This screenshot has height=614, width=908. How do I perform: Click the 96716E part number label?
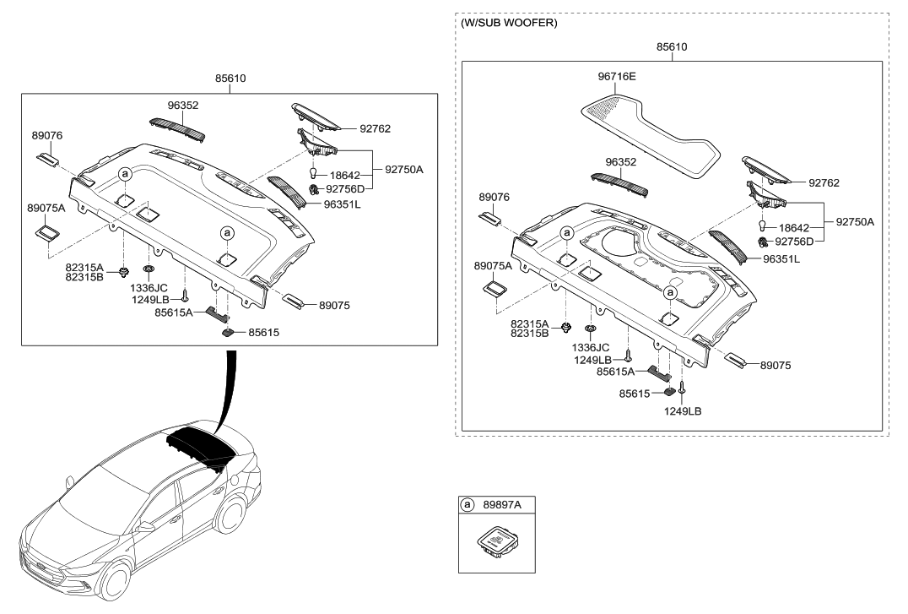coord(617,75)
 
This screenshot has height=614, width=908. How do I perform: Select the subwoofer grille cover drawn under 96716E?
coord(651,135)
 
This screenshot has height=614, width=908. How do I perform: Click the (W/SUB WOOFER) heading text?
coord(509,24)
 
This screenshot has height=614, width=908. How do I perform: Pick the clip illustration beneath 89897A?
coord(497,544)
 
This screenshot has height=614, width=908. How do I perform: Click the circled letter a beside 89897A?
coord(467,505)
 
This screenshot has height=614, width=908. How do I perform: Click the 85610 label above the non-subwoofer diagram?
coord(230,78)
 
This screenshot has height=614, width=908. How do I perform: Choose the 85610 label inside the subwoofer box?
coord(672,47)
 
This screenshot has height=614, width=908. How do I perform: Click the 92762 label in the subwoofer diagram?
coord(824,182)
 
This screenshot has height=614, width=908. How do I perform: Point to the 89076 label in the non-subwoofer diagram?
coord(46,135)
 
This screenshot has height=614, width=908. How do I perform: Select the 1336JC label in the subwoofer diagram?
coord(591,347)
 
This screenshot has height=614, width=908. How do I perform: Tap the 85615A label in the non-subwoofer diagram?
coord(174,312)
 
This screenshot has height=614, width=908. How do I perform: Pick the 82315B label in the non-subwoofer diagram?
coord(84,277)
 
